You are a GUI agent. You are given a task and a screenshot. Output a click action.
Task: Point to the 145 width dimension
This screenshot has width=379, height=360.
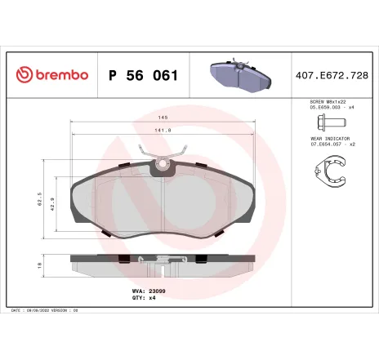tap(163, 118)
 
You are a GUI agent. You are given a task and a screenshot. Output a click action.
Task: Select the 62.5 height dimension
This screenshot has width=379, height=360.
tap(39, 199)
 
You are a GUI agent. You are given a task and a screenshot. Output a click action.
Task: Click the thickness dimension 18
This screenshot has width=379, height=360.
tap(39, 266)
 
